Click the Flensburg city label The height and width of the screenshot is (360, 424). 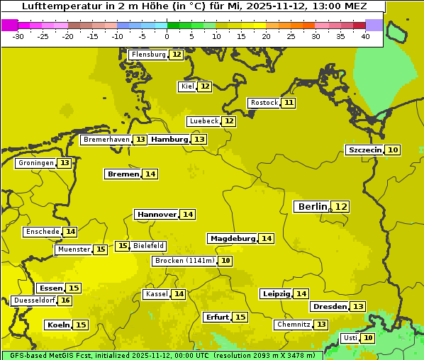148,55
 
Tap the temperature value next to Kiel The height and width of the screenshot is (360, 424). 205,86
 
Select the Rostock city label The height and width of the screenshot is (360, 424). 264,103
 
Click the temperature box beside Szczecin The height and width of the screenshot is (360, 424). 393,150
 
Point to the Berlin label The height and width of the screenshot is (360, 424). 312,206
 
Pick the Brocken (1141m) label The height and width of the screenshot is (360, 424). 184,261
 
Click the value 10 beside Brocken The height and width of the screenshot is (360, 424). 225,261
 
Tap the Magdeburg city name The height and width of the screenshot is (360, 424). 232,239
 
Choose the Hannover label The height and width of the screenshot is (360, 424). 156,214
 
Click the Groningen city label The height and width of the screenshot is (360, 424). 35,163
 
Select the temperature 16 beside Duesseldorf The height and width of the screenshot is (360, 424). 65,300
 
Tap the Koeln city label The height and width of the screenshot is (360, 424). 58,325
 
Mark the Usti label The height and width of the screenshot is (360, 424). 350,338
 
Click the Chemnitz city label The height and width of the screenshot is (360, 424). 293,325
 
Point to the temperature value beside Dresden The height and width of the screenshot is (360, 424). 358,307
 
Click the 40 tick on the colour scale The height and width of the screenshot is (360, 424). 365,36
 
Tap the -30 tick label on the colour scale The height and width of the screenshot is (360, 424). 18,36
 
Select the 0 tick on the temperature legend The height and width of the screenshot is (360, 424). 167,36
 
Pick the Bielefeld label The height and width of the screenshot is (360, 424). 148,246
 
